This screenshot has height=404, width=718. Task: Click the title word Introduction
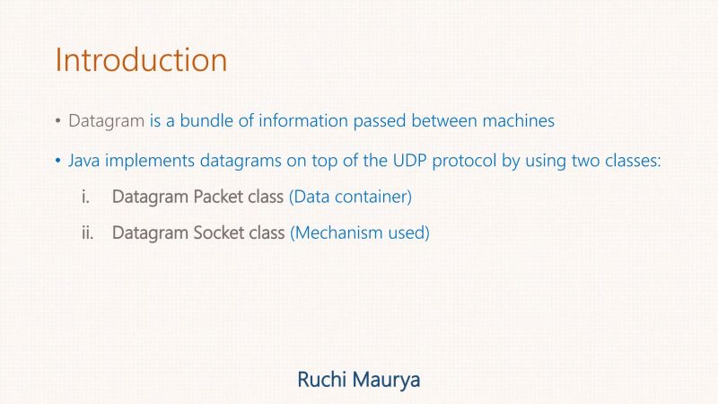(141, 60)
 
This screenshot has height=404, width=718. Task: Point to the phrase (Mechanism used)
(360, 233)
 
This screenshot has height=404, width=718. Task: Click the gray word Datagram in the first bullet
(106, 120)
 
